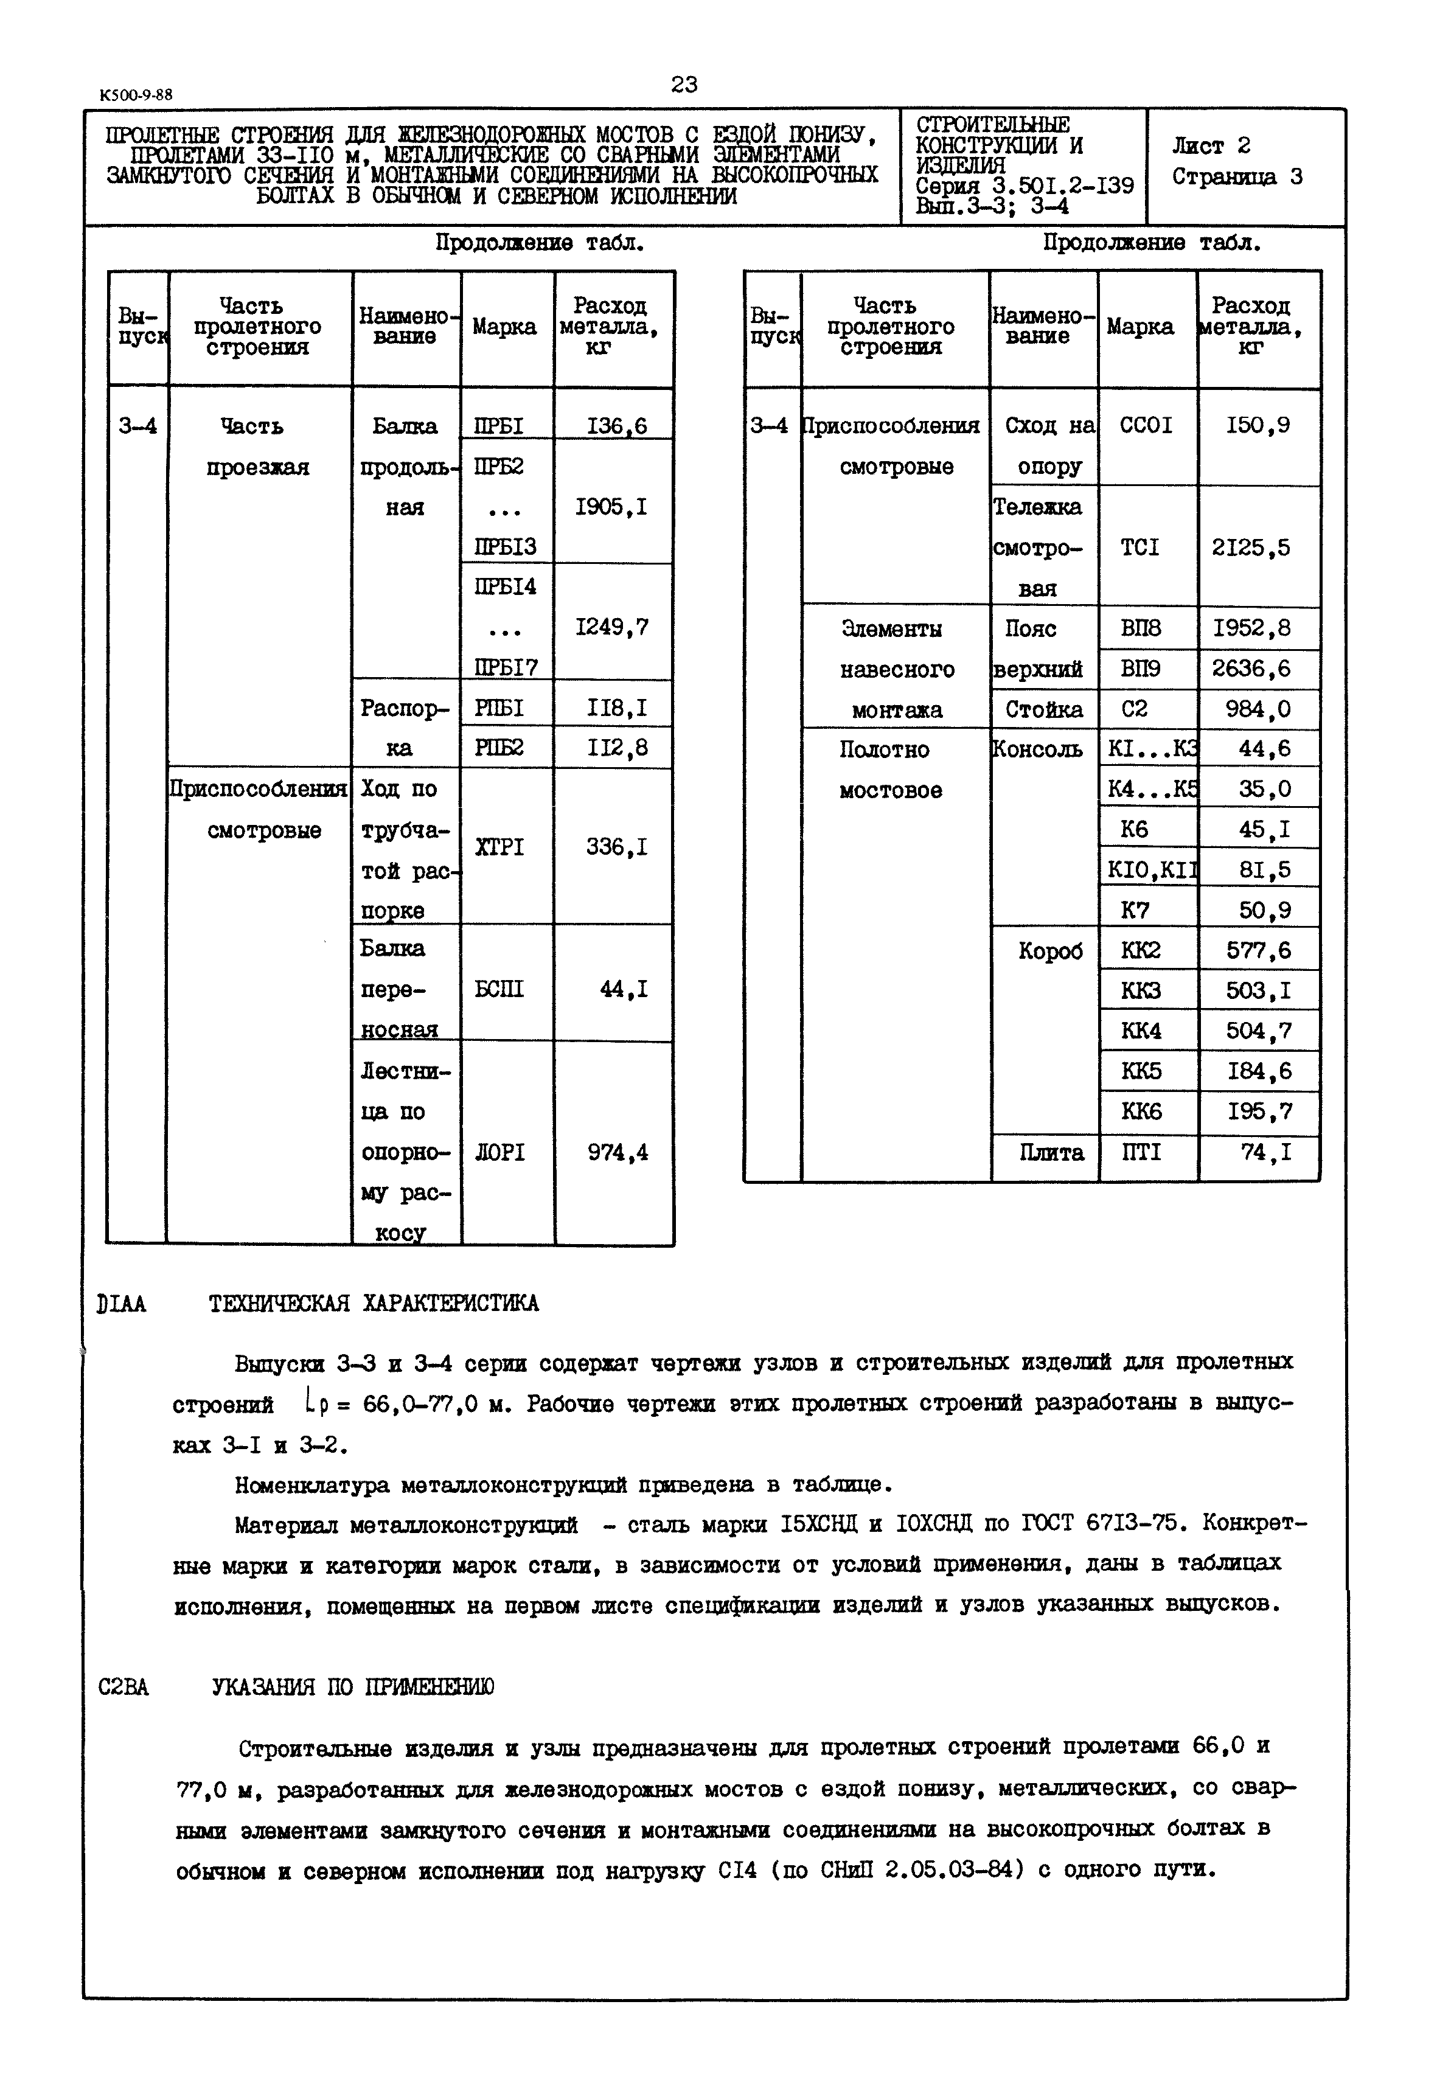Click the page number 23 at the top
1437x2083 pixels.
pos(684,85)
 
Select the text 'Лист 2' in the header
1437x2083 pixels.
pos(1211,146)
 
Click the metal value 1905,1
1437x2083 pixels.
pos(611,508)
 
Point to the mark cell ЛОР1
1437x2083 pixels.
pos(499,1152)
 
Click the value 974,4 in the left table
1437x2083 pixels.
pos(618,1152)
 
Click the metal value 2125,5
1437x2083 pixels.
pos(1251,548)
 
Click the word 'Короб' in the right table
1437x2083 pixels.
pos(1051,951)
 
